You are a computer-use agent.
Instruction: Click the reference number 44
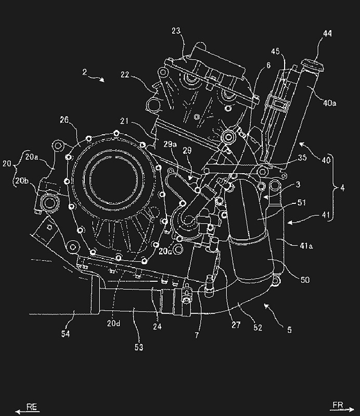(327, 34)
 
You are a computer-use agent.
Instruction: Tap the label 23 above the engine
(176, 31)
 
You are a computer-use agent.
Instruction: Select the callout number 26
(64, 120)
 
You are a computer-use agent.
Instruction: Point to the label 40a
(329, 102)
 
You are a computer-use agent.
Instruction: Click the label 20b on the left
(22, 180)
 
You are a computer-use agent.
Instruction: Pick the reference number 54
(66, 333)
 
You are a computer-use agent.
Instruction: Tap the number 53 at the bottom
(138, 347)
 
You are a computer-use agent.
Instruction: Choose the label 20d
(113, 323)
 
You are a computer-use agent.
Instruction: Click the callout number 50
(305, 280)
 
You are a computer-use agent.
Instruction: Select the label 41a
(306, 246)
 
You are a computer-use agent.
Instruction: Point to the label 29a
(170, 145)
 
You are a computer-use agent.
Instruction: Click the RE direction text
(32, 407)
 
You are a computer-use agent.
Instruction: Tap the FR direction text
(338, 405)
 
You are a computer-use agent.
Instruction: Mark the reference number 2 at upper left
(85, 72)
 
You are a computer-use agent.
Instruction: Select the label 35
(302, 158)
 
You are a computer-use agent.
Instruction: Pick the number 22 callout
(125, 75)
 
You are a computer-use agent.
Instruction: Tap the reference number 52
(258, 328)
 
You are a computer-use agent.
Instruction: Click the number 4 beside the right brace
(342, 188)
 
